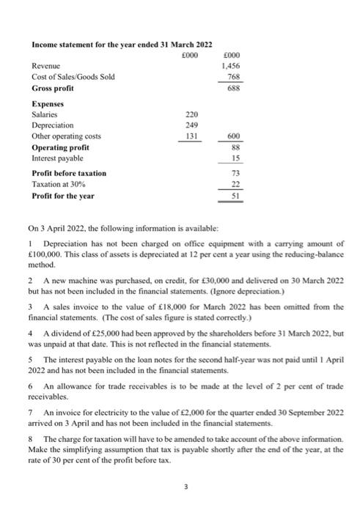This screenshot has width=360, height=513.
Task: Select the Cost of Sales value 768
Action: pos(234,76)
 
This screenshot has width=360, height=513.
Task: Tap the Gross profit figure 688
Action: pos(234,88)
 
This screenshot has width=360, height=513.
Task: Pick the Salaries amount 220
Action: pos(189,114)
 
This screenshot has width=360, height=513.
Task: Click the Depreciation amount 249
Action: pos(189,125)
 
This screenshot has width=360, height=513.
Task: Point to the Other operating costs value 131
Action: pos(189,136)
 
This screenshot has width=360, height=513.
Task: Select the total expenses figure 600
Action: pos(234,136)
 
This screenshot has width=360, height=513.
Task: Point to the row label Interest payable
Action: pos(57,158)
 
